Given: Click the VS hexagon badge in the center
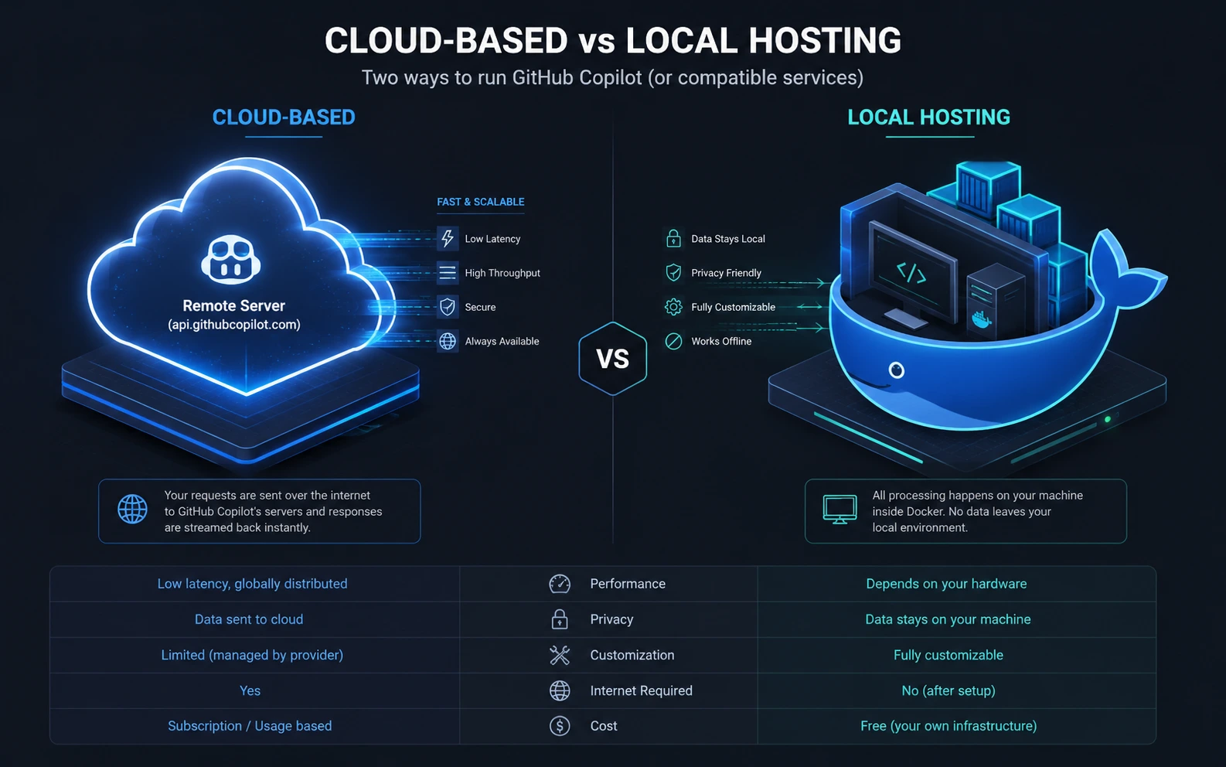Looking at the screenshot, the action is [612, 359].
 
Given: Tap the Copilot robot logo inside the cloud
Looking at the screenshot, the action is [230, 260].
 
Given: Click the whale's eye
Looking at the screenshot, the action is [896, 370].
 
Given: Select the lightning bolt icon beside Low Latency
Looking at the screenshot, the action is [447, 238].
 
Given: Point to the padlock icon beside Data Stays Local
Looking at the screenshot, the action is [673, 238].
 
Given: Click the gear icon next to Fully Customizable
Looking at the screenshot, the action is [673, 307].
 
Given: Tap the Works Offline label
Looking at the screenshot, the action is [720, 341].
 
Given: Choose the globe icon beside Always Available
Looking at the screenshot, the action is [447, 341].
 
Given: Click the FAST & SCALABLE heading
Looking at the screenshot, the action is [481, 202].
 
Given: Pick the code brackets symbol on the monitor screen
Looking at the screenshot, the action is [911, 272].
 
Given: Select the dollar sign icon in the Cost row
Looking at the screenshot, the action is [560, 725].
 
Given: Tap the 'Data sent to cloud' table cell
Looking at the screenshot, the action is [249, 619].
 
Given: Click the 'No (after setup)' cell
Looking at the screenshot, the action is [948, 690].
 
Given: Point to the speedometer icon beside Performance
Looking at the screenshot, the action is [560, 584].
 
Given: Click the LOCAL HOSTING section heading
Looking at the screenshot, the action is [929, 118].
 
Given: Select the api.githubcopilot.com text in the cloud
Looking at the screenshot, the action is [234, 325].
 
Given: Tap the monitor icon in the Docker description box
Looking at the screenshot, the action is [839, 510].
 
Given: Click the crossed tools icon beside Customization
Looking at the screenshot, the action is [560, 655].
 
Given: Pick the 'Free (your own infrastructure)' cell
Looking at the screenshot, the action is [948, 726].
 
